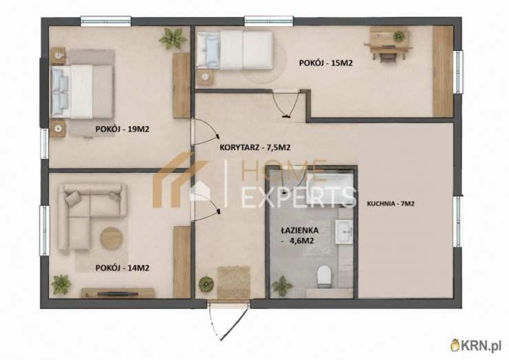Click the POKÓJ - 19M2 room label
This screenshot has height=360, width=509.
(x=122, y=129)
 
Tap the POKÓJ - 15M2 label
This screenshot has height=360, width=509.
(x=325, y=63)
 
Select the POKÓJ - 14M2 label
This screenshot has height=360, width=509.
(x=122, y=268)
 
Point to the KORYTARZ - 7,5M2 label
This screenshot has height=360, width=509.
(x=254, y=147)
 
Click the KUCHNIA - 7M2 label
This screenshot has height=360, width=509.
(x=391, y=204)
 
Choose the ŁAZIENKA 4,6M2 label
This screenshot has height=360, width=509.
(x=299, y=235)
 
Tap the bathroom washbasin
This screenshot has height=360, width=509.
(x=344, y=232)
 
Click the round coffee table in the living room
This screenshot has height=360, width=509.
(x=111, y=238)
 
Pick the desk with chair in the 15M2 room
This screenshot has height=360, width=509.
(x=388, y=43)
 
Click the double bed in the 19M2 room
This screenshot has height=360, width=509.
(x=83, y=92)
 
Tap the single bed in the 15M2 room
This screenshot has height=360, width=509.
(x=235, y=50)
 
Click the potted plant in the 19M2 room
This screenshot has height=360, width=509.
(x=173, y=38)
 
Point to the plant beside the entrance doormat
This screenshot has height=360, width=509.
(x=206, y=284)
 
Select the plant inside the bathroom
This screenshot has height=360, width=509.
(x=282, y=286)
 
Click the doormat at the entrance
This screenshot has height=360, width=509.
(x=234, y=282)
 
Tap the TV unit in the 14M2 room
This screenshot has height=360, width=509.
(x=118, y=293)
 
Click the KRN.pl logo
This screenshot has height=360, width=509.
(x=477, y=345)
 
